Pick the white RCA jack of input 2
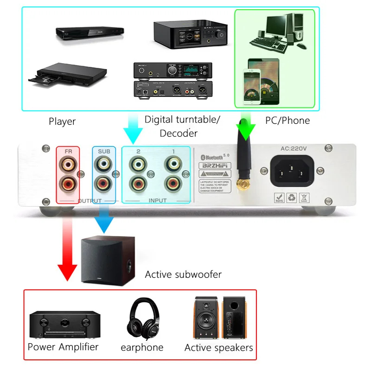click(138, 164)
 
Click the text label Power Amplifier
click(63, 347)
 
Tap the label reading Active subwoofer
click(183, 275)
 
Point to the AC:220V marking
click(294, 149)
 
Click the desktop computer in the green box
click(276, 33)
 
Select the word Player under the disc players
click(62, 122)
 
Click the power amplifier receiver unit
click(64, 325)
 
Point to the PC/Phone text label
click(288, 121)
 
